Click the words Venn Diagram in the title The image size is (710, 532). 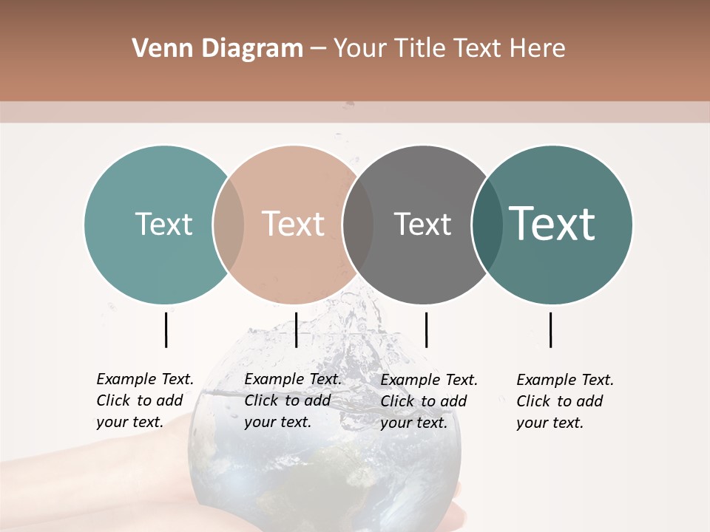point(217,49)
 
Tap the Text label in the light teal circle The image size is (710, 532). point(163,224)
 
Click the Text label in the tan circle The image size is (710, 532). point(294,224)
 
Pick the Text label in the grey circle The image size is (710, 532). point(422,224)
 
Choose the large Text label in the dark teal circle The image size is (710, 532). point(552,224)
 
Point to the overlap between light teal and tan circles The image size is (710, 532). point(229,225)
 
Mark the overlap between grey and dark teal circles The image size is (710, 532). point(487,225)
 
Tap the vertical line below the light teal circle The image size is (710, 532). point(166,330)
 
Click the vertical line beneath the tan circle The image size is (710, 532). point(296,330)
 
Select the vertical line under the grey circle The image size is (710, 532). point(426,330)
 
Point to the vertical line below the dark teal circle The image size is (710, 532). point(550,330)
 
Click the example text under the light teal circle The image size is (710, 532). point(145,400)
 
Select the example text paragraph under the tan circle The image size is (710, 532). point(293,400)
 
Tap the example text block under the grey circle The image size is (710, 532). point(429,401)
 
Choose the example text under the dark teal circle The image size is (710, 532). point(565,401)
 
